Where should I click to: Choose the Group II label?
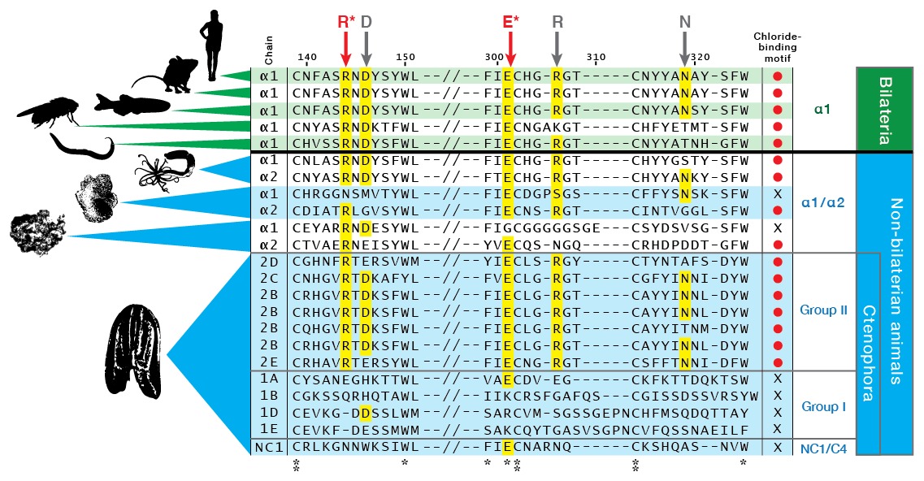[x=823, y=310]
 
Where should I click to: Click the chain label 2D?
[x=269, y=262]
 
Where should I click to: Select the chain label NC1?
[x=269, y=447]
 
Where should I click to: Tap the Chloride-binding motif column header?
[x=778, y=48]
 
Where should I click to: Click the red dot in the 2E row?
[x=778, y=362]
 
